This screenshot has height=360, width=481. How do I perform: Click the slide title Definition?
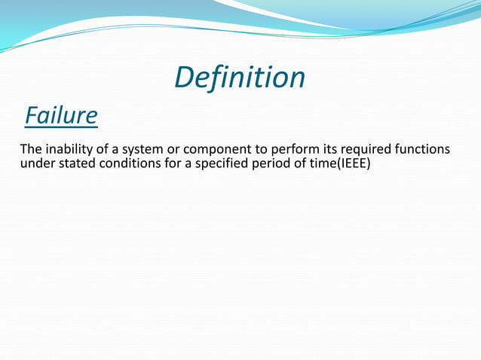240,78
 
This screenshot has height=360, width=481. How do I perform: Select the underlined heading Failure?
60,116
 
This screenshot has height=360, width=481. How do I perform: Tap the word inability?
68,150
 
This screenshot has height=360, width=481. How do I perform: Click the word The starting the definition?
30,150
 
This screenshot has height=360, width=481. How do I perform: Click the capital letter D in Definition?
183,78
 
